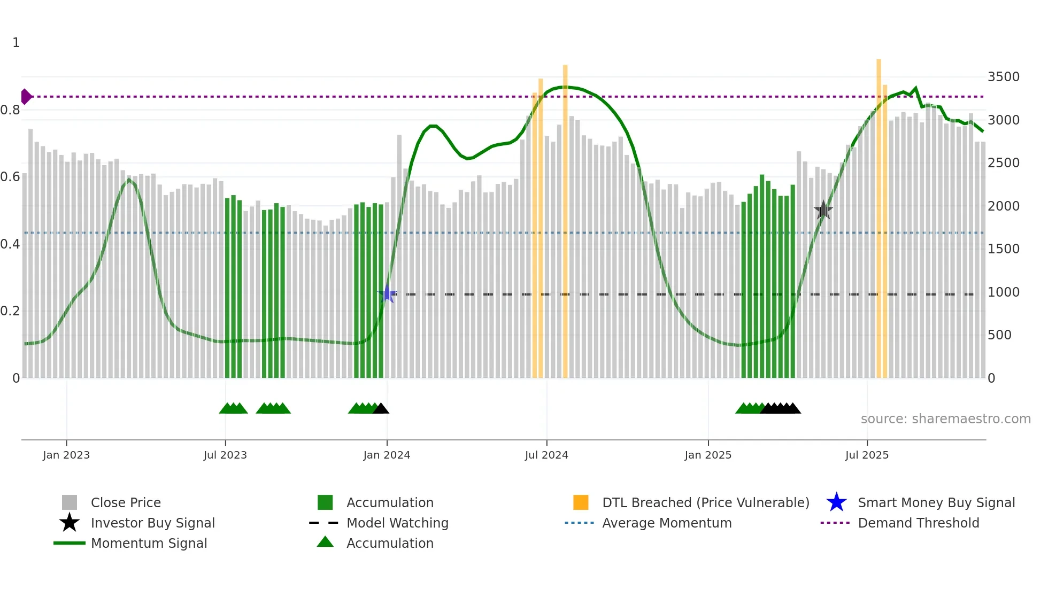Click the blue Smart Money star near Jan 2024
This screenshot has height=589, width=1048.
click(387, 294)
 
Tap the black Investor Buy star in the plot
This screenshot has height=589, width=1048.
click(823, 210)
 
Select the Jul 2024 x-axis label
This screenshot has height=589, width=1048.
click(546, 455)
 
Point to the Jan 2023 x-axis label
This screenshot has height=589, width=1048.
click(66, 455)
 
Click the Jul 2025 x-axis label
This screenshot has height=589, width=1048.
click(867, 455)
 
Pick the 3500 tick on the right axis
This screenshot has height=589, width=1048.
click(1004, 77)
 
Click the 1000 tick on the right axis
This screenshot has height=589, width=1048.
click(1004, 292)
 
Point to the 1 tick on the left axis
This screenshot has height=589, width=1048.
click(16, 43)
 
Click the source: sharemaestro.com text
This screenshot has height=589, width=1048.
click(945, 419)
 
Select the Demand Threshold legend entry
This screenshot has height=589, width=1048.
click(918, 523)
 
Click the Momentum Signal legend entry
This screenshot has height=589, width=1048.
click(149, 543)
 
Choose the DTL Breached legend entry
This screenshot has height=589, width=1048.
click(705, 502)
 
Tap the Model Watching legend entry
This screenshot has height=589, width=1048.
click(397, 523)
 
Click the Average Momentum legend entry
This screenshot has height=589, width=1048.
click(666, 523)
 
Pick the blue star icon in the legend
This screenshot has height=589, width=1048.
click(836, 502)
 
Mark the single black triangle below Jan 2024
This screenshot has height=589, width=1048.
click(381, 409)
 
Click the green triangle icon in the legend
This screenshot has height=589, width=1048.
click(325, 542)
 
